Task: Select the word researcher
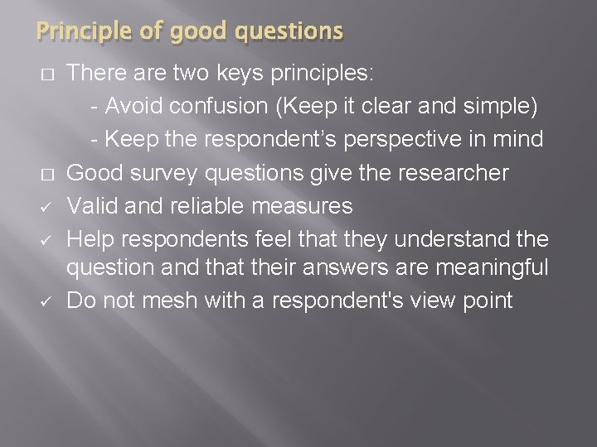463,172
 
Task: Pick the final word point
490,300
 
